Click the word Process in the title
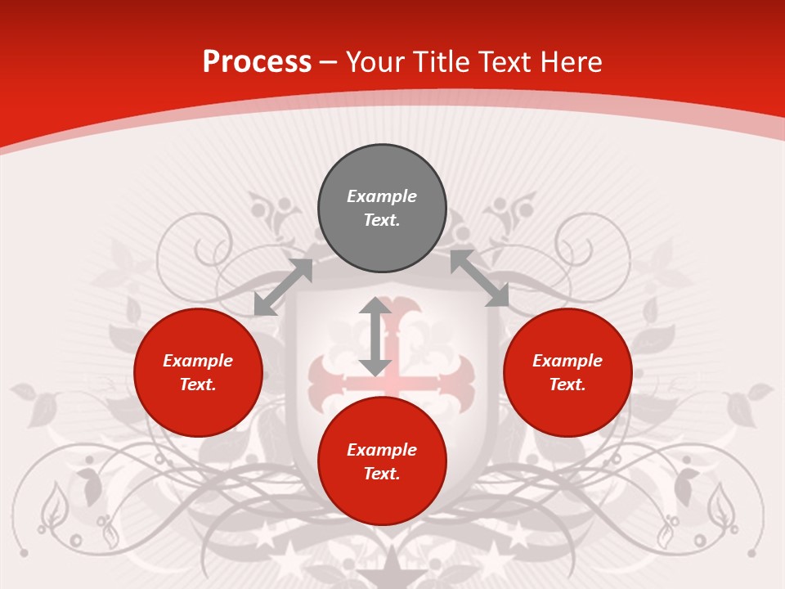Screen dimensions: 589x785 tap(257, 61)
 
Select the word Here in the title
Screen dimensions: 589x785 tap(570, 61)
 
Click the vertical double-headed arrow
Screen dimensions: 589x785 tap(375, 336)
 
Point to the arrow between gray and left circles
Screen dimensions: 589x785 tap(283, 287)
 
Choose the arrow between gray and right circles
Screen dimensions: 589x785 tap(479, 278)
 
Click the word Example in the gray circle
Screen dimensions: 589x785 tap(382, 196)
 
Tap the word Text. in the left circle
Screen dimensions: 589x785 tap(198, 384)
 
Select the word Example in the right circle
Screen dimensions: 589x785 tap(567, 361)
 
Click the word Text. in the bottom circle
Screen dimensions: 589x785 tap(382, 474)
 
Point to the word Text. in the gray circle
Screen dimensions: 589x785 tap(382, 220)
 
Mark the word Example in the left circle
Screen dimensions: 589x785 tap(198, 361)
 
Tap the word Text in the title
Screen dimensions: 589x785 tap(505, 61)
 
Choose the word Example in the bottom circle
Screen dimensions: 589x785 tap(382, 450)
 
